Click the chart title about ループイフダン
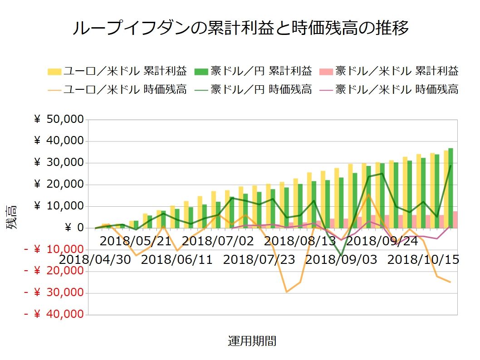240,28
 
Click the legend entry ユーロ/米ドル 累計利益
118,71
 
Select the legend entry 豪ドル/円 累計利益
254,71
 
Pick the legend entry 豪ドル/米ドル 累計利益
390,71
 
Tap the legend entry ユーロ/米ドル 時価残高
118,89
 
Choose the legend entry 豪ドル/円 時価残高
254,89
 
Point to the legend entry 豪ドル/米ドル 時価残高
390,89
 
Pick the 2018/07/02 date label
218,240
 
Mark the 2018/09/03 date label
342,260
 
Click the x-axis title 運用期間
252,341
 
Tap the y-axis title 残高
12,217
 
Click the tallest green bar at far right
451,188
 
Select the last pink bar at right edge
455,219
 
